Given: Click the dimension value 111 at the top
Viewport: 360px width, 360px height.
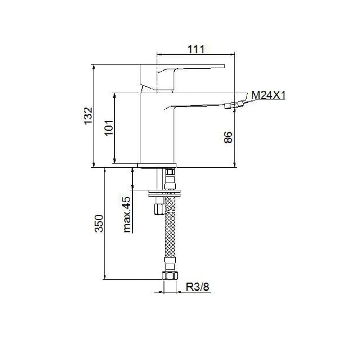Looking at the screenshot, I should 196,49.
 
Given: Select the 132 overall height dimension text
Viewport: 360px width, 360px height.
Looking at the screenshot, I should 89,116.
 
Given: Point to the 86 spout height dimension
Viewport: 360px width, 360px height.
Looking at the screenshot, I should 228,137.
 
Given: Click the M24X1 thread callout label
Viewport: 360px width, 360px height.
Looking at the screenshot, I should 268,95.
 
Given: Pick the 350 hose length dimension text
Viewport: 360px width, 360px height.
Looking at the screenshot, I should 99,223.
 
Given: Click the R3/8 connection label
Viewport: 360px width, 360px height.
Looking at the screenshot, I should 198,287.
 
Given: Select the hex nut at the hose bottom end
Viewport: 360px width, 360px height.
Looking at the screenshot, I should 170,276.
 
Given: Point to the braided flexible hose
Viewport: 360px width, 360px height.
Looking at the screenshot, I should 170,234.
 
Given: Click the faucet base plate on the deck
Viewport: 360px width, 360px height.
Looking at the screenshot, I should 157,165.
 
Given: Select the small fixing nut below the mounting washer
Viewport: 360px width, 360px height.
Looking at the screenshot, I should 158,208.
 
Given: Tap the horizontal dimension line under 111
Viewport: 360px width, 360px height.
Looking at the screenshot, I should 196,55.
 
